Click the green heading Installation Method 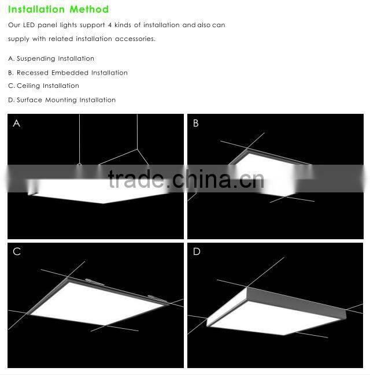(58, 10)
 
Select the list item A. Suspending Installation (51, 59)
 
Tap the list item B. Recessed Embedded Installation (68, 73)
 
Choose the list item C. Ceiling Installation (44, 86)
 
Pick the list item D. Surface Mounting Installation (62, 100)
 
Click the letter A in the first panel (16, 123)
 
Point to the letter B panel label (196, 123)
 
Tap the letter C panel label (17, 251)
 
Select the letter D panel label (197, 251)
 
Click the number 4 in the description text (109, 25)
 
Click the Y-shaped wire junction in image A (138, 149)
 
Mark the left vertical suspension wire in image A (79, 139)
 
